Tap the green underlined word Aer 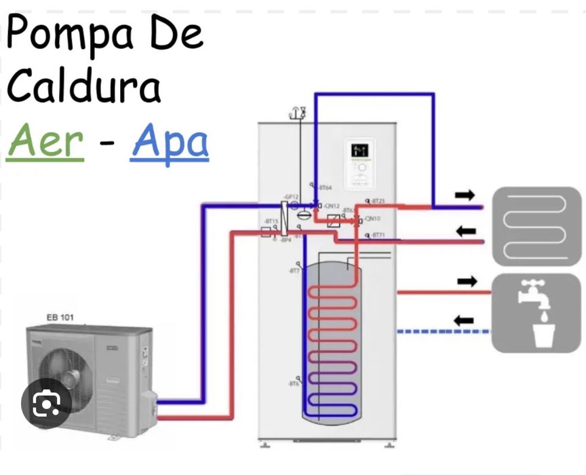coord(45,140)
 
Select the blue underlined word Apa coord(170,142)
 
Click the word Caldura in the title coord(85,86)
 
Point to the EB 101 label coord(60,317)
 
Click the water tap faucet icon coord(536,313)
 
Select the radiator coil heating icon coord(536,226)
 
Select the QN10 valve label coord(372,218)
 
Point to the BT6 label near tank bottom coord(294,384)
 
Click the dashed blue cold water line coord(442,331)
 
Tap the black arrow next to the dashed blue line coord(464,320)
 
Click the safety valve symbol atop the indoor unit coord(297,113)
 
